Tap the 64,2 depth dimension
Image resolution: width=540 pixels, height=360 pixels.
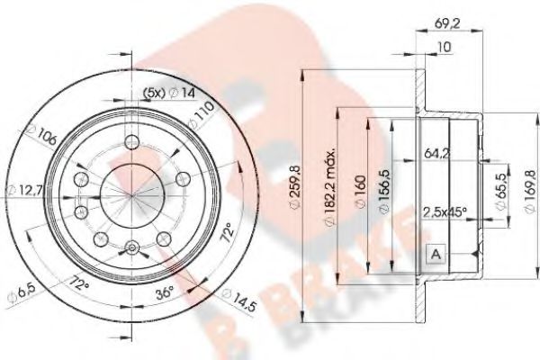click(x=436, y=155)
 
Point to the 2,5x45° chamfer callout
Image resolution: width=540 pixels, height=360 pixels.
click(x=445, y=212)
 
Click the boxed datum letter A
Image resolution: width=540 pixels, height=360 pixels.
click(x=435, y=254)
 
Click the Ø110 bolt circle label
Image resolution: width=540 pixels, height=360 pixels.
click(x=202, y=113)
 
